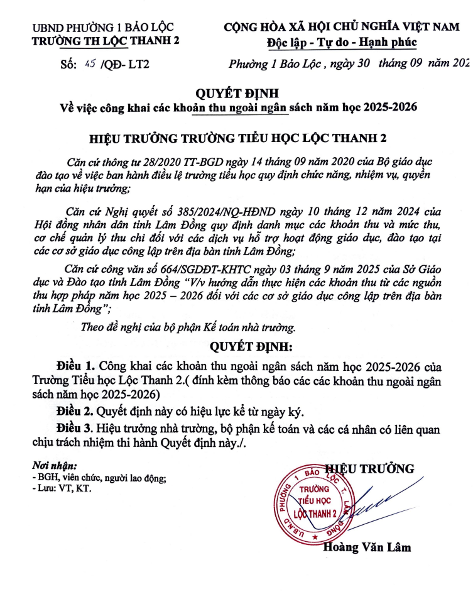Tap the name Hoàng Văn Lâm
(367, 547)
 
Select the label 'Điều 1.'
(75, 366)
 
